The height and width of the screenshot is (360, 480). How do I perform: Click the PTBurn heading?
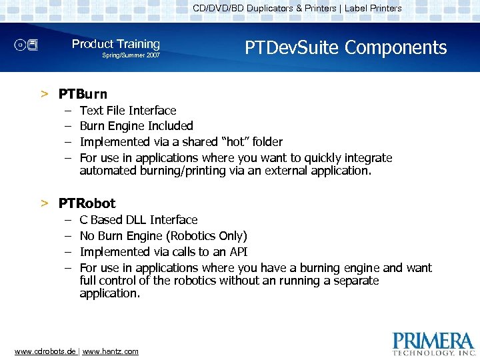[x=83, y=94]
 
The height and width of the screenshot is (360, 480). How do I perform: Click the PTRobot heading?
[x=87, y=203]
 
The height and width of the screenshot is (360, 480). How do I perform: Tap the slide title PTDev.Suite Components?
[x=345, y=47]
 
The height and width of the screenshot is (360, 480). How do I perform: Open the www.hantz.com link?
[x=111, y=351]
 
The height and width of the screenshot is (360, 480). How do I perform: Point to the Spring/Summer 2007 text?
[x=131, y=55]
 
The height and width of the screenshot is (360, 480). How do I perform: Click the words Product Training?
[x=116, y=44]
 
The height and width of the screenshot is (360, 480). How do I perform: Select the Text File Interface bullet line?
[x=128, y=111]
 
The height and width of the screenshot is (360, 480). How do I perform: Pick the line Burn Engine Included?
[x=136, y=126]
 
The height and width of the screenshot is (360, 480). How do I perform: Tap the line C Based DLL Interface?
[x=139, y=220]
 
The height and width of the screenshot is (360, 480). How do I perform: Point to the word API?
[x=238, y=252]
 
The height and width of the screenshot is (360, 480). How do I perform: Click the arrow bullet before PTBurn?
[x=44, y=94]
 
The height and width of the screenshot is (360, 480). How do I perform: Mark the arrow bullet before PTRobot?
[x=44, y=203]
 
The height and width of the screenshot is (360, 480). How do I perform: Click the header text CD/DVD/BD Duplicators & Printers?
[x=265, y=9]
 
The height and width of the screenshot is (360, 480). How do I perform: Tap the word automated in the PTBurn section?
[x=108, y=171]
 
